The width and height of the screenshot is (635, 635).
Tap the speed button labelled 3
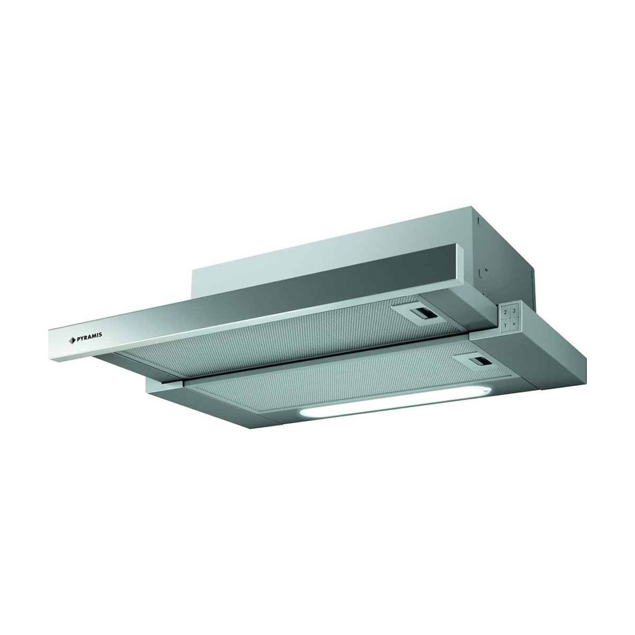[x=514, y=311]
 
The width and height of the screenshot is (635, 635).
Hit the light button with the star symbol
[x=513, y=325]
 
